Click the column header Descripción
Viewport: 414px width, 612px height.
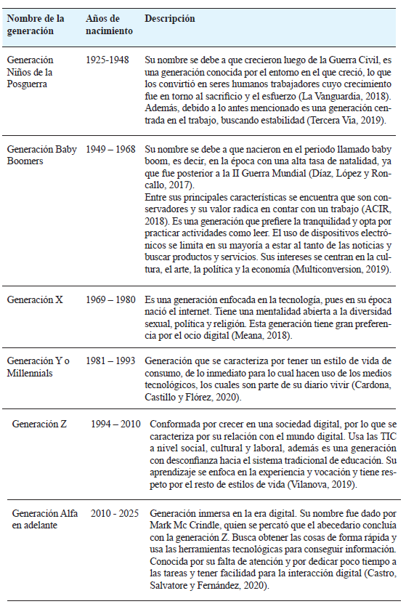pos(170,19)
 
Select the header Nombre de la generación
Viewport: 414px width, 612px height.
pos(36,25)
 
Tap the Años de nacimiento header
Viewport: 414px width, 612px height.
pos(109,25)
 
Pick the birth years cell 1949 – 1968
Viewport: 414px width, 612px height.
pos(110,149)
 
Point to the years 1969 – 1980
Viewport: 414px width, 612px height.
pos(110,299)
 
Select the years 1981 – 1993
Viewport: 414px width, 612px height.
pos(110,361)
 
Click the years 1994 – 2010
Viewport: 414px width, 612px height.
pos(115,423)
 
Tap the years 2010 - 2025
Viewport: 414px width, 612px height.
pos(115,513)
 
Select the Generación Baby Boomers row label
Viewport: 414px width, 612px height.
pos(41,155)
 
